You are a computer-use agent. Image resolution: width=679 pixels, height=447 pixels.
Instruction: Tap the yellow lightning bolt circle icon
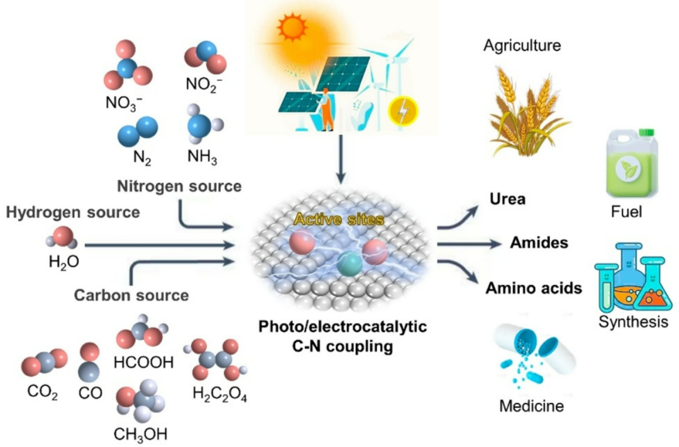[402, 110]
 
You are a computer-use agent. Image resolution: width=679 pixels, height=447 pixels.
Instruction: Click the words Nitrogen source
[179, 186]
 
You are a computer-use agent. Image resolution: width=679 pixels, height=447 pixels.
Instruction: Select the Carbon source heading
[131, 294]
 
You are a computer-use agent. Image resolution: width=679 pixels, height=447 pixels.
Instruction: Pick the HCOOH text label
[143, 363]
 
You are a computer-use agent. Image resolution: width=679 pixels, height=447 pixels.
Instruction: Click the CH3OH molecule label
[141, 434]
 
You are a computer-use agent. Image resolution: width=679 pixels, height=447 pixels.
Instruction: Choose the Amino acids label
[533, 289]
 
